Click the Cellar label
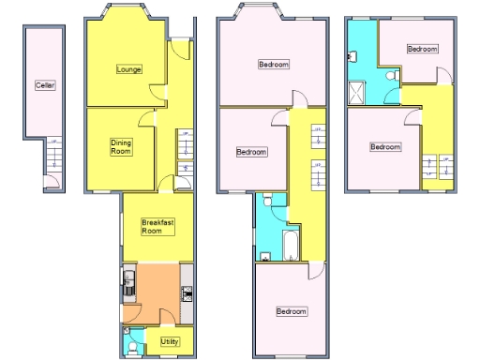pyautogui.click(x=45, y=85)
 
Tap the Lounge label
pyautogui.click(x=129, y=68)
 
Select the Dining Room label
pyautogui.click(x=120, y=147)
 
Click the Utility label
pyautogui.click(x=170, y=340)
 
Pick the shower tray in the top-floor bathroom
pyautogui.click(x=356, y=91)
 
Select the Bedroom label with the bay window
pyautogui.click(x=274, y=65)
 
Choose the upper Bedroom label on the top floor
pyautogui.click(x=422, y=49)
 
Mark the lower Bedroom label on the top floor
pyautogui.click(x=384, y=146)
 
